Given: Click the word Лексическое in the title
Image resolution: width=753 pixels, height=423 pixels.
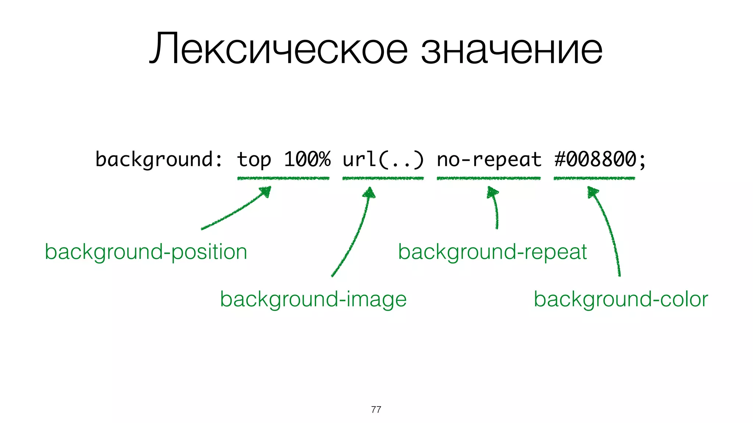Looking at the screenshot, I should point(278,49).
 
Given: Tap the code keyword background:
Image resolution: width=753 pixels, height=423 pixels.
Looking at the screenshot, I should point(159,160).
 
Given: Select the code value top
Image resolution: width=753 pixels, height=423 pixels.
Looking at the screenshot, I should point(254,160).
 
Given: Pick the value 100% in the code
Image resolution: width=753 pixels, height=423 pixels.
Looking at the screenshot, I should point(307,159).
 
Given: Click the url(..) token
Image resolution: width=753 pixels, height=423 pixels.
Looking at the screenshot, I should point(383,160).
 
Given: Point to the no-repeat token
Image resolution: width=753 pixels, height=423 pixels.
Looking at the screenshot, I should point(489,160).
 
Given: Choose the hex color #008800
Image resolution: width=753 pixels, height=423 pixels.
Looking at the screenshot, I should point(595,159).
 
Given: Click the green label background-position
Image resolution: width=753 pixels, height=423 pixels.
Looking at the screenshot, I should point(146,252).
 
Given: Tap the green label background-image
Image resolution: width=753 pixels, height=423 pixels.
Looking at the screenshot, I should point(313,300).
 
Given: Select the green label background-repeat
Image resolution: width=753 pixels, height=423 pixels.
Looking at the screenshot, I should point(492,252).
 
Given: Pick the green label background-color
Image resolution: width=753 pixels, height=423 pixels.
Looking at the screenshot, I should point(621,299).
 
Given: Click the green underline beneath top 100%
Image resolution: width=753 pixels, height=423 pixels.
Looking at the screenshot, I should point(283,178).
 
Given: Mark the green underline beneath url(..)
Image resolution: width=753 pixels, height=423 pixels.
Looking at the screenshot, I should point(383,178).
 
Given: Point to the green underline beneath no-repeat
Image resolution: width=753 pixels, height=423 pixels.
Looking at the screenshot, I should point(489,178).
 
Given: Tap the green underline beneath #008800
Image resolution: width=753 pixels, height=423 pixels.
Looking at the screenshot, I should point(594,178).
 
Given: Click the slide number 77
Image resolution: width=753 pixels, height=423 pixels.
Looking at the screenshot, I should point(376,409).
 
